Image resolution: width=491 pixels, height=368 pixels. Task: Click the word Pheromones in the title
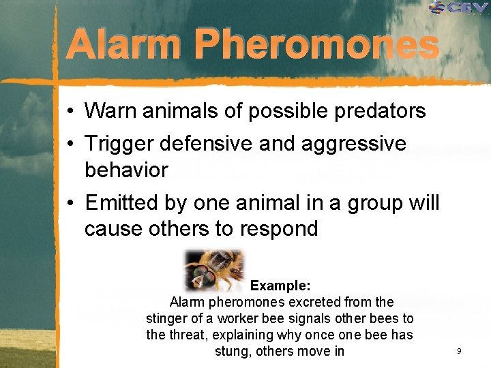(x=315, y=46)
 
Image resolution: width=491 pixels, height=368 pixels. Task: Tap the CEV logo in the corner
(x=459, y=7)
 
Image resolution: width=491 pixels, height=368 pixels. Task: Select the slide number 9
(x=459, y=350)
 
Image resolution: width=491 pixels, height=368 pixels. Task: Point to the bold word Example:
(x=280, y=285)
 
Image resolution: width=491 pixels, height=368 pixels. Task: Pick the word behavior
(x=126, y=170)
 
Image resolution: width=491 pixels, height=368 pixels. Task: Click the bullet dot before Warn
(x=71, y=111)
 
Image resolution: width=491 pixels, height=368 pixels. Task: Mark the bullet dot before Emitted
(x=71, y=204)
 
